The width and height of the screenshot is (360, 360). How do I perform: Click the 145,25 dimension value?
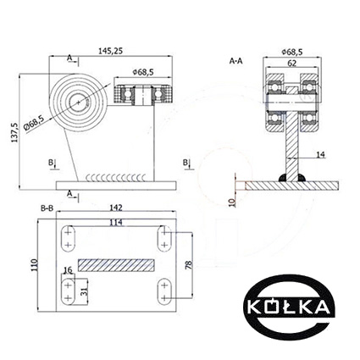(x=110, y=51)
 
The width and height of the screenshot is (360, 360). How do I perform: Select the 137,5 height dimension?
(x=14, y=132)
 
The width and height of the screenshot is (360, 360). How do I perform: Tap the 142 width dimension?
(x=116, y=208)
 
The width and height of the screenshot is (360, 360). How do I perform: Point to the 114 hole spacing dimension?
(x=116, y=223)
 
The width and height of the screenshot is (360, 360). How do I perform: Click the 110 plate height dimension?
(x=35, y=265)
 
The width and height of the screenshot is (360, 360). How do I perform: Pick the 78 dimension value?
(x=189, y=265)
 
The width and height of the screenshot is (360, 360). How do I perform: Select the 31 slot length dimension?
(x=84, y=291)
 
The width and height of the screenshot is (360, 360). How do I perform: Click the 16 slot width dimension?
(x=68, y=270)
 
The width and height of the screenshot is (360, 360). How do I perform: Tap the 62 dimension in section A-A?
(x=292, y=64)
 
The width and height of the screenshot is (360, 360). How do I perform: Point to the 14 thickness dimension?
(x=320, y=154)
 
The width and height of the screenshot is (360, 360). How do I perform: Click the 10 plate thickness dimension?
(x=232, y=202)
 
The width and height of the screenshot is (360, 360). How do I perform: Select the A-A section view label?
(x=235, y=61)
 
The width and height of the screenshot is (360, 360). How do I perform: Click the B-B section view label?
(x=47, y=208)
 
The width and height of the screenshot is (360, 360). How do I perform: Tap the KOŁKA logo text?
(x=289, y=307)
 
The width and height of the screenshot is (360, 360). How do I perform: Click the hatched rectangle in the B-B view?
(x=116, y=265)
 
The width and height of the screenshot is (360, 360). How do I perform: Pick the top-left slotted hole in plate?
(x=68, y=239)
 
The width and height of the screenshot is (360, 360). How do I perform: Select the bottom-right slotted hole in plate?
(x=164, y=291)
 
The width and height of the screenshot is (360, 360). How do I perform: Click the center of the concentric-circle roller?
(x=78, y=102)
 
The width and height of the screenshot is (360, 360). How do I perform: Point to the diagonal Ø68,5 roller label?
(x=34, y=124)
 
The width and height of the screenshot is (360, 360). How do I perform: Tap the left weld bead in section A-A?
(x=283, y=178)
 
